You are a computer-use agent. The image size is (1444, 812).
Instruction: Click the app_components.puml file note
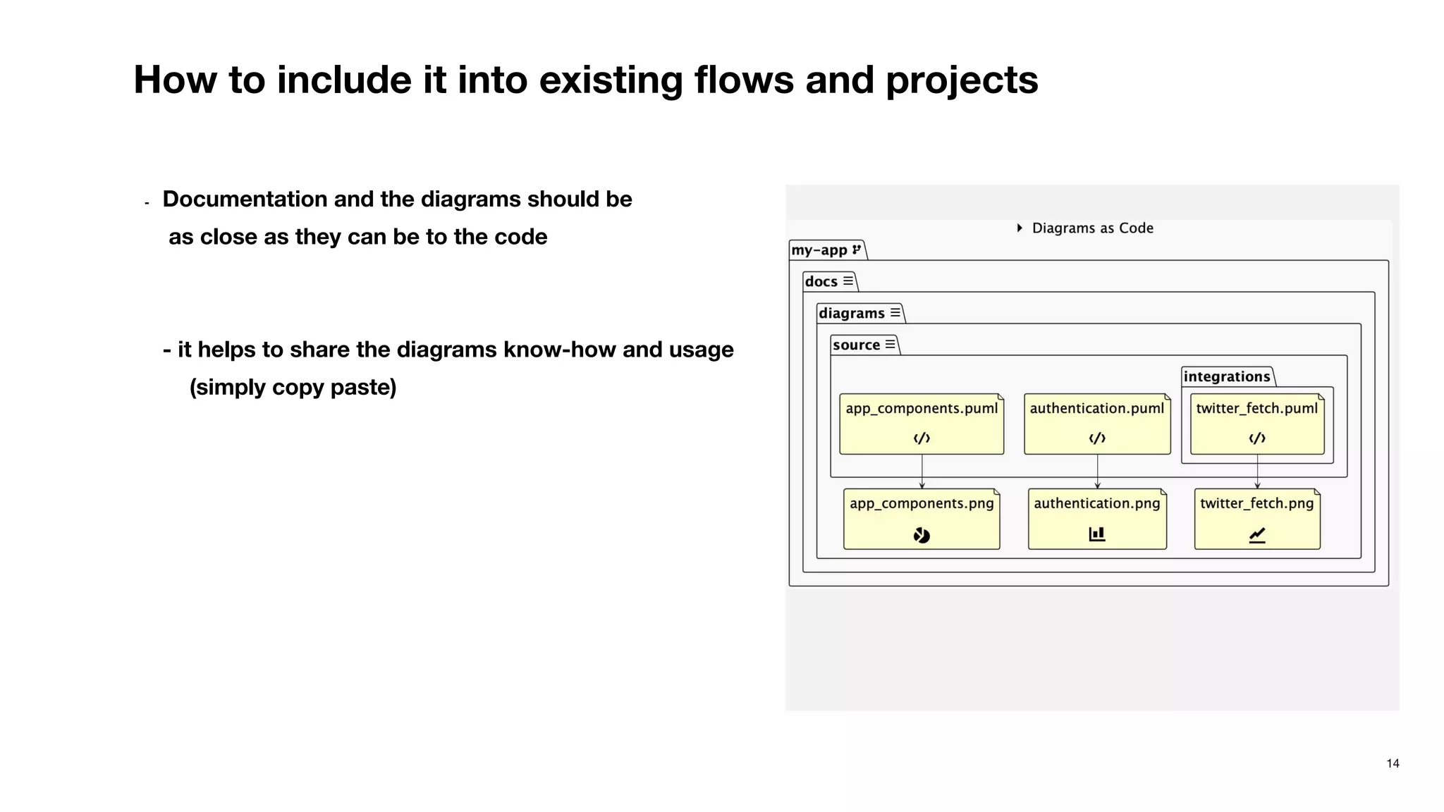click(x=922, y=424)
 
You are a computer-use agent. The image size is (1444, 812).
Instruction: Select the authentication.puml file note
click(x=1097, y=424)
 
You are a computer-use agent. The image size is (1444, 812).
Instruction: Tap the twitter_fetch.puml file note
click(x=1257, y=424)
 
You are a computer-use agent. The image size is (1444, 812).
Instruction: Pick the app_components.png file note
click(x=922, y=519)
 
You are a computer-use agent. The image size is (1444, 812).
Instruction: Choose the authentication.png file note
click(x=1097, y=519)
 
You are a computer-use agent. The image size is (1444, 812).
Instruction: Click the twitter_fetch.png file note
click(x=1257, y=519)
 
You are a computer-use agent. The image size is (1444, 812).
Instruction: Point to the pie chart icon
click(x=922, y=536)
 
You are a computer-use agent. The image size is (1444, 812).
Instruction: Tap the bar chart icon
click(x=1097, y=534)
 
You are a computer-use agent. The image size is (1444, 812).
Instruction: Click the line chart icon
click(x=1257, y=536)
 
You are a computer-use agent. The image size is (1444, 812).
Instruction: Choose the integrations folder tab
click(x=1227, y=376)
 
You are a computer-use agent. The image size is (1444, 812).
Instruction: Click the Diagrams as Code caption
click(x=1091, y=228)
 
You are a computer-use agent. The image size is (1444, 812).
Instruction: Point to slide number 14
click(x=1393, y=763)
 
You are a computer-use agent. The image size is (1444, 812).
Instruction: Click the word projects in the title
click(x=962, y=80)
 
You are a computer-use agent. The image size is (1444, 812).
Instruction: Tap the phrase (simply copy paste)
click(x=293, y=387)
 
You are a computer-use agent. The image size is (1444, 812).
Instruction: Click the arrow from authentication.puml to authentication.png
click(x=1097, y=471)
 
